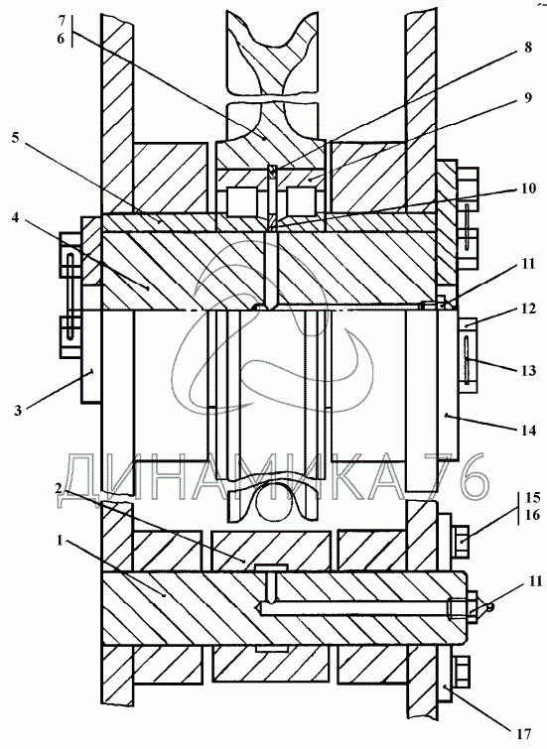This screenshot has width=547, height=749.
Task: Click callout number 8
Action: (x=528, y=49)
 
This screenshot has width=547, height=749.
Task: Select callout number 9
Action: (x=528, y=98)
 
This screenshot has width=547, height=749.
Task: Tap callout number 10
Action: (x=528, y=188)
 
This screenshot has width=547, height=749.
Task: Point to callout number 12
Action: (x=528, y=309)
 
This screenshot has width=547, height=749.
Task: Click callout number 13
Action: (x=528, y=370)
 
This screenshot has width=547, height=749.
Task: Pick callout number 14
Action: (x=528, y=430)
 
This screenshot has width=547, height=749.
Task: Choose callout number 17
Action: (x=523, y=733)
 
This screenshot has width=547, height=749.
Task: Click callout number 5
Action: (x=15, y=138)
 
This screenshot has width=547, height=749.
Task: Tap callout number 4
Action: (x=15, y=217)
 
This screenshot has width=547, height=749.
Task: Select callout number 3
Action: (x=18, y=410)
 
